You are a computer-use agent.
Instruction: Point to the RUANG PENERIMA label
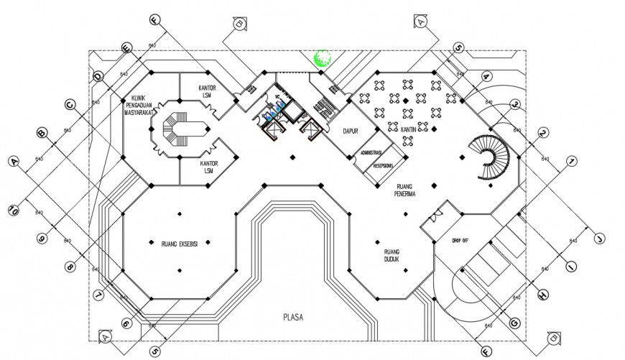tap(407, 189)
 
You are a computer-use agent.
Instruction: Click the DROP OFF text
tap(460, 239)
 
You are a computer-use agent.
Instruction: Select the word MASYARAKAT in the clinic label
tap(142, 112)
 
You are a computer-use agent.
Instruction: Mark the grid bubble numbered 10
tap(14, 211)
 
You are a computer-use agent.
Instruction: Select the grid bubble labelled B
tap(41, 133)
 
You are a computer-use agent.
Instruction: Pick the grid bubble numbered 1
tap(571, 161)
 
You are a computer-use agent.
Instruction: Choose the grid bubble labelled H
tap(542, 295)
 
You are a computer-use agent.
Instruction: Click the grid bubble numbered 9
tap(41, 239)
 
